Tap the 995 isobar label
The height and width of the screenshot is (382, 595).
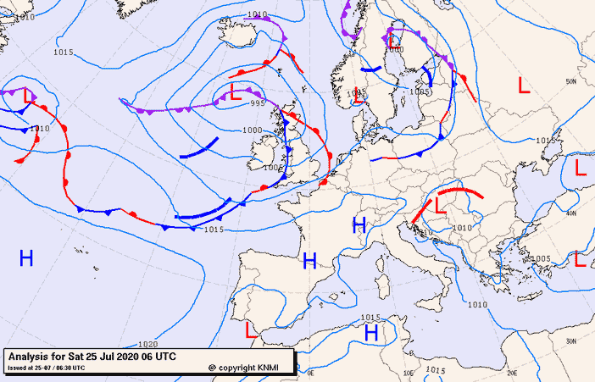click(x=258, y=102)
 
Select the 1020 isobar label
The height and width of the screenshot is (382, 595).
click(x=147, y=345)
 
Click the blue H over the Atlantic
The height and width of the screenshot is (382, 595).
click(x=26, y=258)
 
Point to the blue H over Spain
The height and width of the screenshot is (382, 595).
click(x=309, y=261)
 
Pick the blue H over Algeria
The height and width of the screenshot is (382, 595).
click(x=370, y=333)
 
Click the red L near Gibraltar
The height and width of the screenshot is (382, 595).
click(x=250, y=328)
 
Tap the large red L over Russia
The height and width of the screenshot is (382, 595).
click(x=524, y=86)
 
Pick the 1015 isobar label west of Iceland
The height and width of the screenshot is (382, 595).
click(x=63, y=53)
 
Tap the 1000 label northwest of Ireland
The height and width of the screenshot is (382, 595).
click(x=252, y=130)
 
